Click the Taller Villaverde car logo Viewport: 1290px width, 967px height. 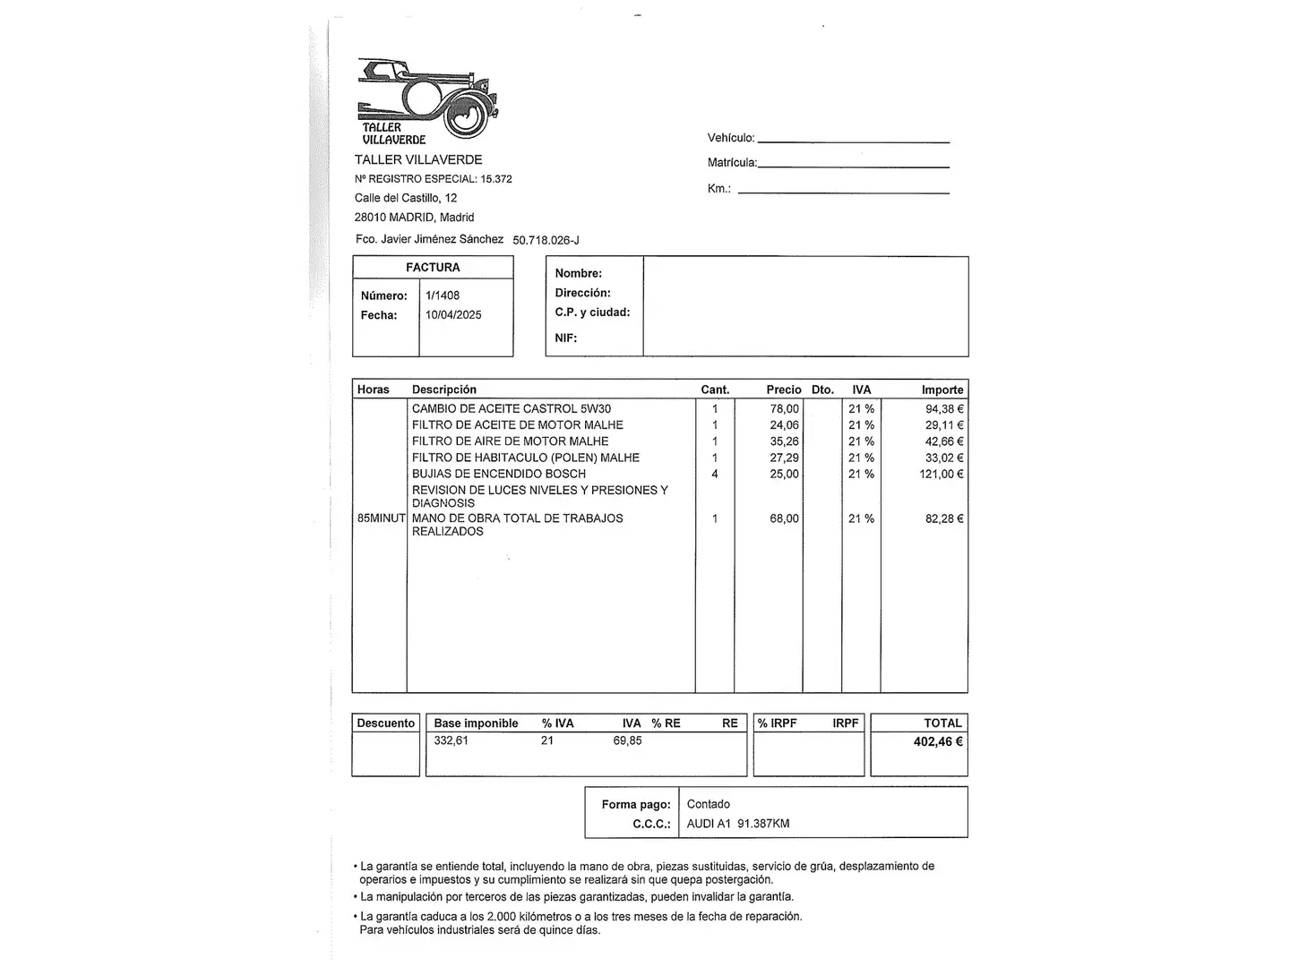pyautogui.click(x=427, y=101)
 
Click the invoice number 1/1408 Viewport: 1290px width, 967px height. pyautogui.click(x=443, y=295)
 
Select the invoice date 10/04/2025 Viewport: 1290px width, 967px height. pyautogui.click(x=453, y=315)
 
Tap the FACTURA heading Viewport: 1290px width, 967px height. pyautogui.click(x=433, y=268)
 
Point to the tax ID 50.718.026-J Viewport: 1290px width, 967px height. pyautogui.click(x=546, y=240)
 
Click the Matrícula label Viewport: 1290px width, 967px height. pyautogui.click(x=732, y=163)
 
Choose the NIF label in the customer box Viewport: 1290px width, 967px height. pyautogui.click(x=566, y=338)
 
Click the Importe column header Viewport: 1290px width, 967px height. pyautogui.click(x=942, y=389)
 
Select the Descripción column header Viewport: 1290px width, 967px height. pyautogui.click(x=444, y=389)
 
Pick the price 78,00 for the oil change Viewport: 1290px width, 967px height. pyautogui.click(x=784, y=409)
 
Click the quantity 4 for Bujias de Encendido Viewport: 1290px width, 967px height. pyautogui.click(x=715, y=474)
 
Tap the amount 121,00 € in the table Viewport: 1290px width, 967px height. pyautogui.click(x=942, y=474)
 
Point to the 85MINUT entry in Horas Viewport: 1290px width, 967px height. pyautogui.click(x=382, y=518)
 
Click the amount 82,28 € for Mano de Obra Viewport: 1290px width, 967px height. pyautogui.click(x=944, y=518)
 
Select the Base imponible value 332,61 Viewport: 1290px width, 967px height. pyautogui.click(x=451, y=740)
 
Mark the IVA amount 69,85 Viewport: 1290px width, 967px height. pyautogui.click(x=627, y=740)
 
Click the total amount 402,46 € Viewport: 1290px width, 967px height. pyautogui.click(x=938, y=741)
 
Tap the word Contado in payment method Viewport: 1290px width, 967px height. pyautogui.click(x=709, y=804)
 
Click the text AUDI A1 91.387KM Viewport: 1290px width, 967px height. pyautogui.click(x=738, y=824)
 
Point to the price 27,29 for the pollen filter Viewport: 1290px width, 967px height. pyautogui.click(x=784, y=458)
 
